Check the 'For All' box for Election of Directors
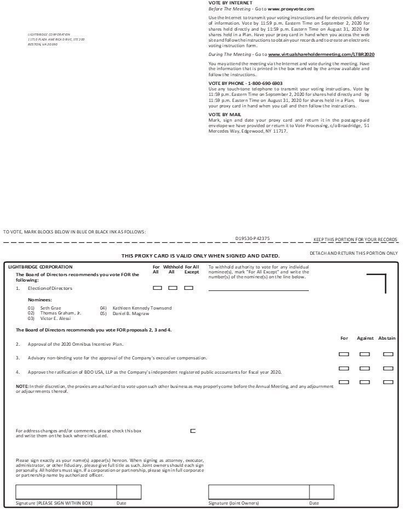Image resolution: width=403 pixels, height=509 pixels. tap(157, 288)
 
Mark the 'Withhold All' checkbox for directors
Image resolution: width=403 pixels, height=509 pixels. tap(172, 288)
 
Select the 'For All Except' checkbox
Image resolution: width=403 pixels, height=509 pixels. tap(188, 288)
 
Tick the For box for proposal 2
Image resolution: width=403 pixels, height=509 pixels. tap(344, 354)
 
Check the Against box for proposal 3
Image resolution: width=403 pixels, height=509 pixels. tap(365, 368)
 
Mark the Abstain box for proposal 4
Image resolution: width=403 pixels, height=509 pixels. tap(388, 382)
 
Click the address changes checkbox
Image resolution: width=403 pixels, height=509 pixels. tap(193, 431)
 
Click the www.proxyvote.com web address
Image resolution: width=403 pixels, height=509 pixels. tap(291, 9)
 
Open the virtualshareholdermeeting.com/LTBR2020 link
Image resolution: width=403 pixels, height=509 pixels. tap(321, 55)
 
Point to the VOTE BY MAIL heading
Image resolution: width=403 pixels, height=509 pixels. tap(224, 115)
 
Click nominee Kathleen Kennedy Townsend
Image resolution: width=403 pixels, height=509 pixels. tap(142, 308)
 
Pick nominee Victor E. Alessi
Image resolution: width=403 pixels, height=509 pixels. tap(55, 318)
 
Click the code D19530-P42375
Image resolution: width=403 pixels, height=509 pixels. tap(252, 238)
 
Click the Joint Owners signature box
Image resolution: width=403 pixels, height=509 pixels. tap(258, 492)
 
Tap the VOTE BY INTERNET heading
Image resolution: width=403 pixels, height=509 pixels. tap(231, 3)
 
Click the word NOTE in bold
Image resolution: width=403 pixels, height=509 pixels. tap(22, 386)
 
